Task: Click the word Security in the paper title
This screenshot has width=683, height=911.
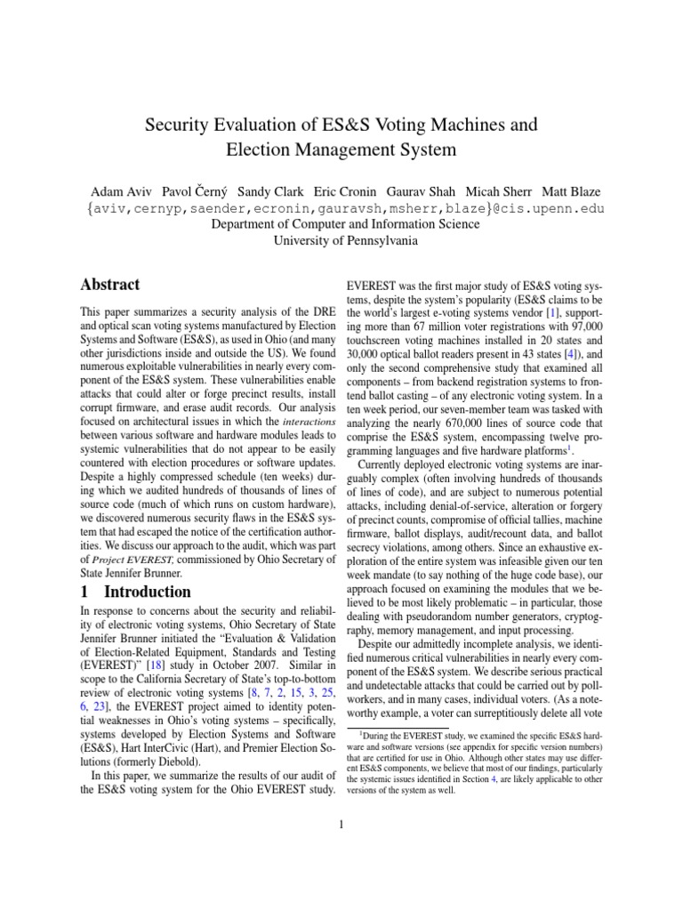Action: click(176, 122)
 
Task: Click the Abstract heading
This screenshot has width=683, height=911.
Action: click(111, 285)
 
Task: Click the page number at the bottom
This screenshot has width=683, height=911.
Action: click(341, 825)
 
